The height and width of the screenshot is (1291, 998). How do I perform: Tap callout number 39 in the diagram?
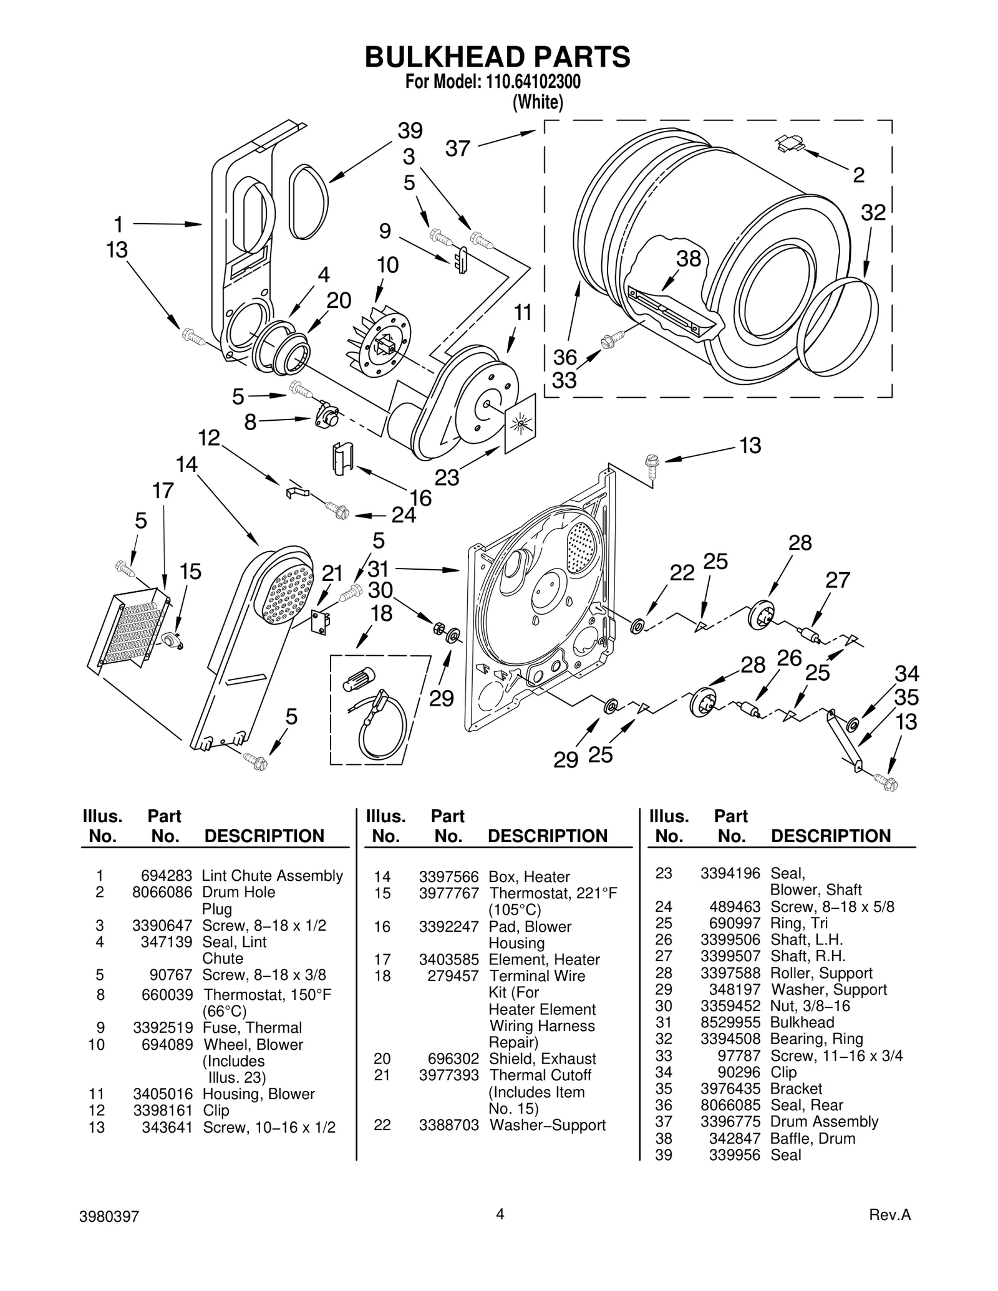410,131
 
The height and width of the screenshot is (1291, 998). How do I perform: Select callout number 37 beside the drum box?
457,149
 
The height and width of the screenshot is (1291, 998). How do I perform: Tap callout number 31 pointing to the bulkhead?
379,569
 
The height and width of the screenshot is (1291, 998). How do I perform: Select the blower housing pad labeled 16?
342,458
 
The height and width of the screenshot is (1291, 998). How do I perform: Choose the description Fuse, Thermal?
252,1027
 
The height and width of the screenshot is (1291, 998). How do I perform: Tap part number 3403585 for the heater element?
449,959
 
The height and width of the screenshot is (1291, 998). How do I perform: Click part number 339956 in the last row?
735,1155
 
